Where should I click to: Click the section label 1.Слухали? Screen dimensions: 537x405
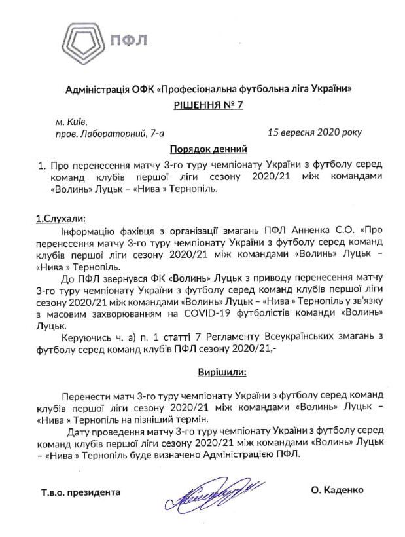pos(60,217)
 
